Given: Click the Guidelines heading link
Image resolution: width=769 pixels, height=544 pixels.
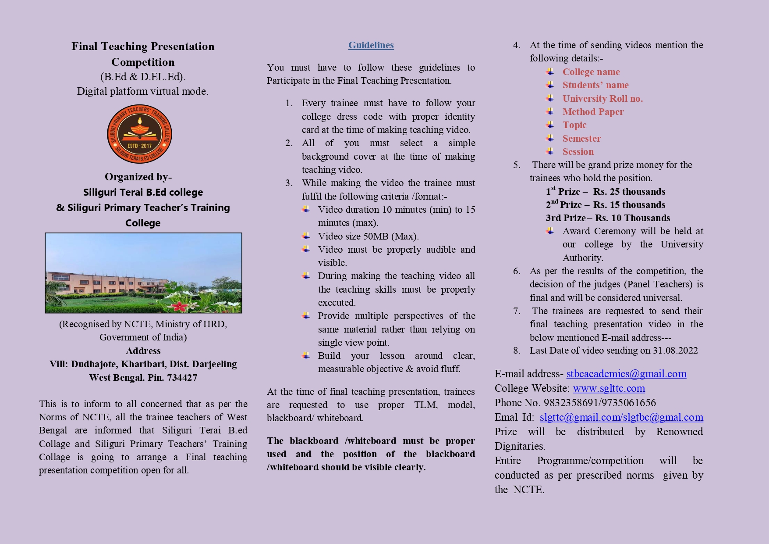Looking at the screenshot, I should (x=371, y=45).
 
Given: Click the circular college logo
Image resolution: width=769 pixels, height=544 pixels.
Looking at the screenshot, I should (x=139, y=134).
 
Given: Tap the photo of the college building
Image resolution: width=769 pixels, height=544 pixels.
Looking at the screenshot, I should (x=143, y=273).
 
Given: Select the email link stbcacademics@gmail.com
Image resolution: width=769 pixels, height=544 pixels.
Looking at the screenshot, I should (x=626, y=374).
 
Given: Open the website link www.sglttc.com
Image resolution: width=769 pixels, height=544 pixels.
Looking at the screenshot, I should (x=609, y=388).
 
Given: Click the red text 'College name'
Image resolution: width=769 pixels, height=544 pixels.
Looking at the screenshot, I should (x=591, y=72).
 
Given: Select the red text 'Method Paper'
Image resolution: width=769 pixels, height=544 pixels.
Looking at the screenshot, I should (x=593, y=112).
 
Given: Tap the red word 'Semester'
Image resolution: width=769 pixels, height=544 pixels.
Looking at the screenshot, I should (x=581, y=139).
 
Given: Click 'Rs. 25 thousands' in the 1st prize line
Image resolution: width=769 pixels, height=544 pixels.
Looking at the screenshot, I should (x=629, y=192).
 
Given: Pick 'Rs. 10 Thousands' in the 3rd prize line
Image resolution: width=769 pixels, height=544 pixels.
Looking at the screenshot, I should (x=632, y=218).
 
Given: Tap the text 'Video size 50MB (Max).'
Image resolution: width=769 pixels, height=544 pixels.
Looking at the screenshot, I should (x=368, y=236).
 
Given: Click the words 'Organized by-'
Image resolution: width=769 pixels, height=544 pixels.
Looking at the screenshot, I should (x=138, y=177).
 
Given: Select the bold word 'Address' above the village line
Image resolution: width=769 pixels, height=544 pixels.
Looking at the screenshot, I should (x=143, y=351).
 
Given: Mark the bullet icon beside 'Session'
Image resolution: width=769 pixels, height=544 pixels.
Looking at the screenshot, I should (x=550, y=151).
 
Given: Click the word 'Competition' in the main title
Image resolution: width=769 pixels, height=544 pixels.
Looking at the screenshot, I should (x=143, y=62).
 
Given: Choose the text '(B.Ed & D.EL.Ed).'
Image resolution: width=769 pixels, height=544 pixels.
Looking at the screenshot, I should (x=143, y=77).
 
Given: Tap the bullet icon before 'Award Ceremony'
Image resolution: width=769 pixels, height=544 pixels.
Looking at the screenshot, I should (x=550, y=231).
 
